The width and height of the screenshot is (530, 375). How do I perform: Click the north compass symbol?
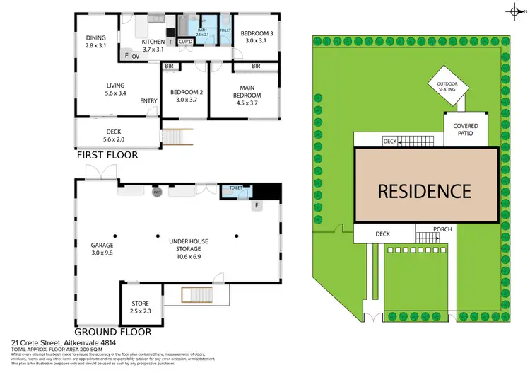[x=513, y=10]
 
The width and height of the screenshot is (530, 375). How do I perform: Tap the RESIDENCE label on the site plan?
[x=423, y=190]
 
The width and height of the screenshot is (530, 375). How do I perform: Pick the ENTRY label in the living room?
[x=148, y=101]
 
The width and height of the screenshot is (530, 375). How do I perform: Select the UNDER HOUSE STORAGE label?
[x=185, y=246]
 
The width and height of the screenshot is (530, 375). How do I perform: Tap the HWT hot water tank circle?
[x=157, y=191]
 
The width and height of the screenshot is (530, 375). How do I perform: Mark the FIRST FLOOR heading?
[x=107, y=154]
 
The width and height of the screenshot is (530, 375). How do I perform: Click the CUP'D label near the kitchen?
[x=186, y=42]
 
